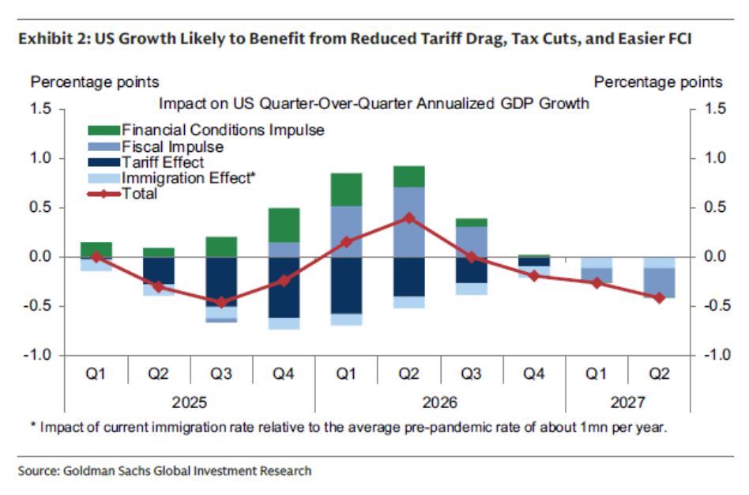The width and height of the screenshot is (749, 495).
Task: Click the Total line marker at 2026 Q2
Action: pyautogui.click(x=409, y=217)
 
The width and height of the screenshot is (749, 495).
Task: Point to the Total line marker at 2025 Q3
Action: pyautogui.click(x=221, y=302)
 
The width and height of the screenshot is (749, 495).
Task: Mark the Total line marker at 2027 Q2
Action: pyautogui.click(x=659, y=297)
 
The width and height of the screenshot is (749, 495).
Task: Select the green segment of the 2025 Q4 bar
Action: pyautogui.click(x=284, y=225)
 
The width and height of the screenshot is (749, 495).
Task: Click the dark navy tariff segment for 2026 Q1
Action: pyautogui.click(x=346, y=285)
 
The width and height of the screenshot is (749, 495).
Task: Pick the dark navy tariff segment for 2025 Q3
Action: pyautogui.click(x=221, y=281)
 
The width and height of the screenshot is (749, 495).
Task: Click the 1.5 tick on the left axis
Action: pyautogui.click(x=39, y=109)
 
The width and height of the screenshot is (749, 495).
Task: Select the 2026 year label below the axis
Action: pyautogui.click(x=440, y=402)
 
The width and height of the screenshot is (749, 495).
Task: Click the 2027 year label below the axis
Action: pyautogui.click(x=627, y=402)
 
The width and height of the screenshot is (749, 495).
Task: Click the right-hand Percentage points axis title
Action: pyautogui.click(x=657, y=82)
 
